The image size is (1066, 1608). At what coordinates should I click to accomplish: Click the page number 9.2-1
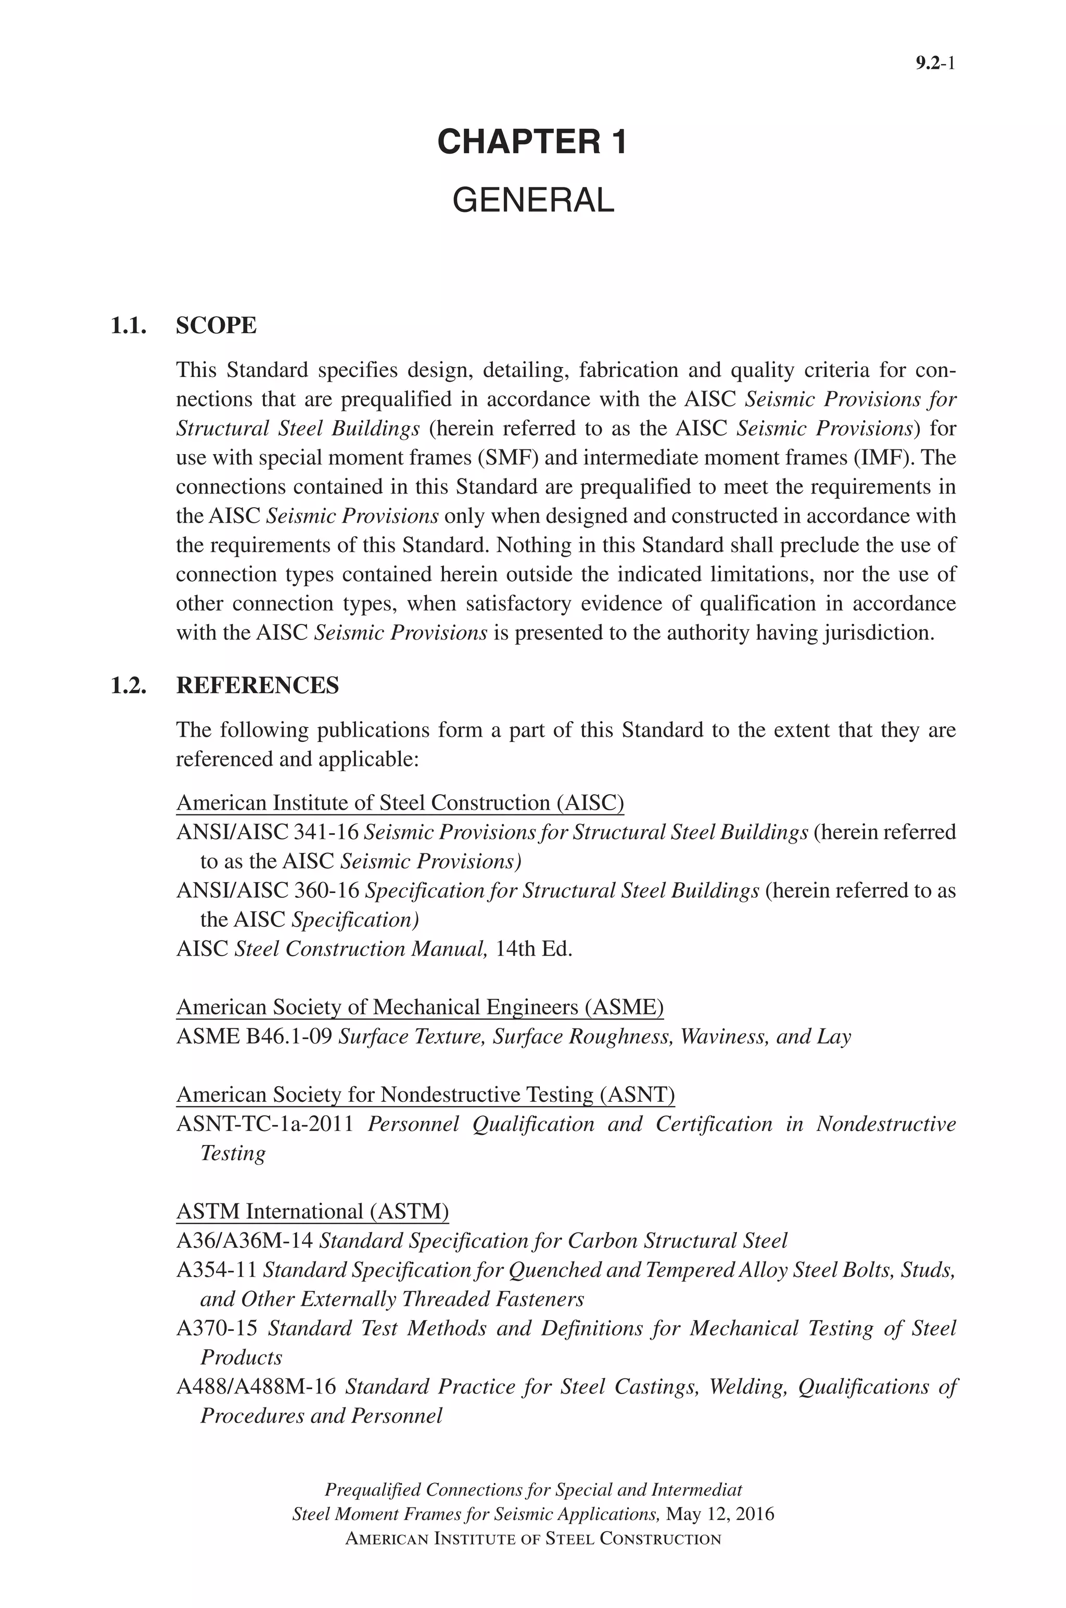coord(935,64)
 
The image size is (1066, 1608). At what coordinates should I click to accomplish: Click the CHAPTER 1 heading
coord(532,142)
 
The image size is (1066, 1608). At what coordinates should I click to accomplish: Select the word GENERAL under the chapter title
coord(532,200)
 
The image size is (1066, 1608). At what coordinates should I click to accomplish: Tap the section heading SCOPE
coord(216,325)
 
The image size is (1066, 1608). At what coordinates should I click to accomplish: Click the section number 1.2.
coord(129,685)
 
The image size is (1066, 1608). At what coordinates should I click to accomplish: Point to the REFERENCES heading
coord(257,685)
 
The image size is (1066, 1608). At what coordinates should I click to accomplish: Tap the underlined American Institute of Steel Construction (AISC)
coord(400,803)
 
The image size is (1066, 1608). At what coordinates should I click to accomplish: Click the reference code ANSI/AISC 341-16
coord(267,832)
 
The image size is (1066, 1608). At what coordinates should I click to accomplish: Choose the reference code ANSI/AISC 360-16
coord(267,890)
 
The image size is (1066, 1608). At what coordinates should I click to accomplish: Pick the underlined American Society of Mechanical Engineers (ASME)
coord(420,1007)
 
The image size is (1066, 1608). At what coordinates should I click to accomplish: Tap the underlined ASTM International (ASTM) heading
coord(312,1212)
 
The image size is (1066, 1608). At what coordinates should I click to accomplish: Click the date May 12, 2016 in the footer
coord(720,1514)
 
